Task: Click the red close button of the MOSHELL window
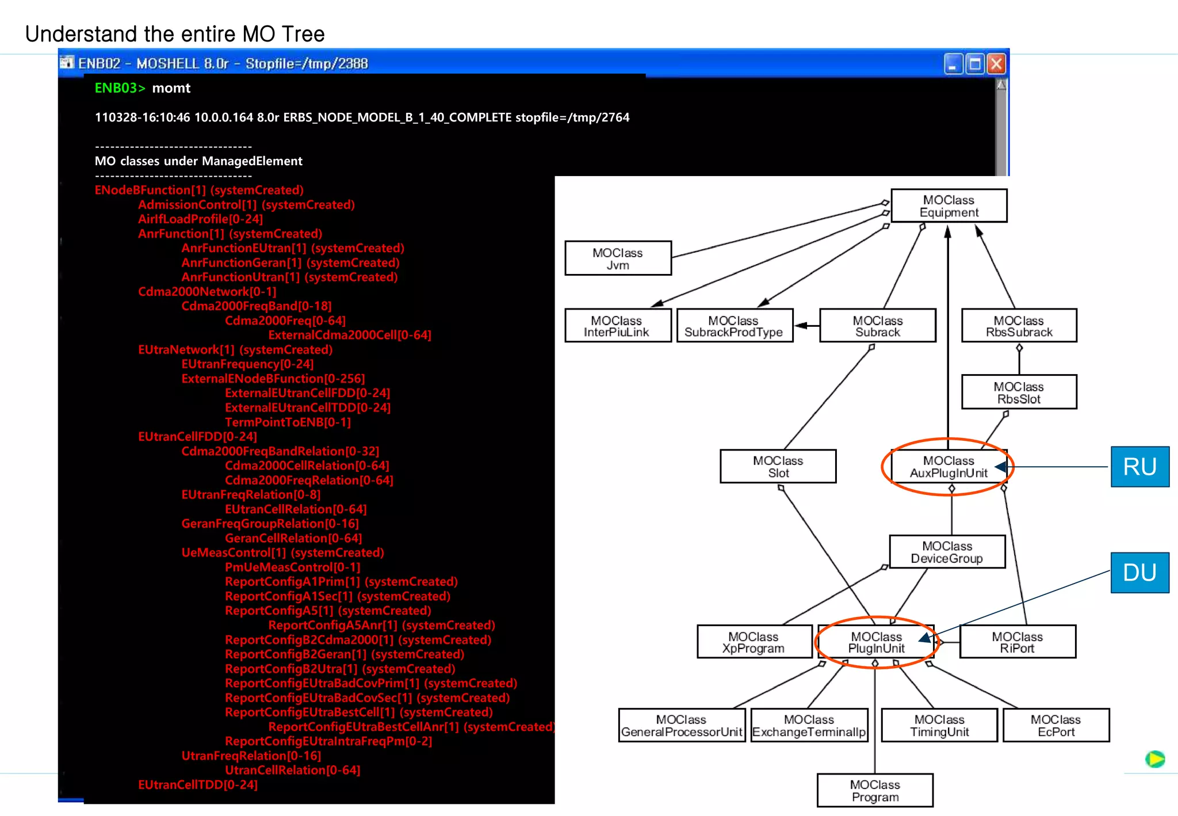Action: pos(996,63)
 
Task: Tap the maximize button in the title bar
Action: pos(975,63)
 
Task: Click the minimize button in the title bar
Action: pos(953,63)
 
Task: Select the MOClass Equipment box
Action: pos(948,206)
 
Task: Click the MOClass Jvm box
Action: pos(618,258)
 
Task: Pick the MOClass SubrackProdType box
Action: pos(734,326)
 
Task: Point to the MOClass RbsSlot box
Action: pos(1019,392)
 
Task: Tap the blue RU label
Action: pos(1139,467)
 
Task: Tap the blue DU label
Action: pos(1139,573)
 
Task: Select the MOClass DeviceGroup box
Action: pos(947,552)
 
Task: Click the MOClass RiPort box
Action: pos(1017,642)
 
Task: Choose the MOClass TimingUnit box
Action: pos(939,726)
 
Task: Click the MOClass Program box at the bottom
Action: pos(875,791)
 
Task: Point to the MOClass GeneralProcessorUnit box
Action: pos(682,726)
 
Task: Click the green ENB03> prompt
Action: pos(120,88)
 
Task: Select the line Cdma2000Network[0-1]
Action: pos(207,292)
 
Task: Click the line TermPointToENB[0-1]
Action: pos(288,422)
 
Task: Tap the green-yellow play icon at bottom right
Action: pos(1154,759)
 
